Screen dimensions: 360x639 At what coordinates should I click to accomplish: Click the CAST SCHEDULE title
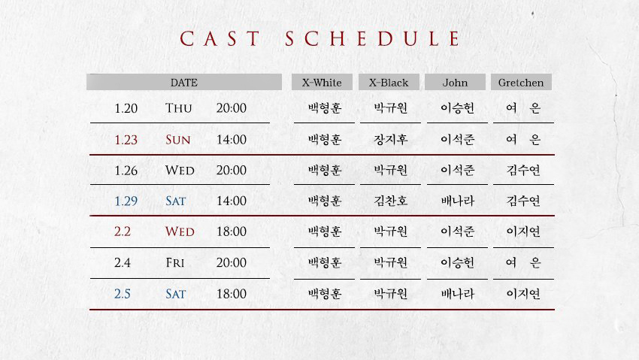(x=320, y=39)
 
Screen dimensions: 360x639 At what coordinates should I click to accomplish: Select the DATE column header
(x=183, y=83)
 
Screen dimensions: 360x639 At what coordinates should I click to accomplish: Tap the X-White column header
(x=322, y=83)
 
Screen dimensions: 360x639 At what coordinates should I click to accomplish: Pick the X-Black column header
(x=389, y=83)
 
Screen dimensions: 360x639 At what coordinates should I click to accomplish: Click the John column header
(x=455, y=83)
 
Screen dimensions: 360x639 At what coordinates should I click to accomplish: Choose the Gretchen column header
(x=521, y=83)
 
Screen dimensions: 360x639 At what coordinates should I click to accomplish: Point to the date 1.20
(x=126, y=108)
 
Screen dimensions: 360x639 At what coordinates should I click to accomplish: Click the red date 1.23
(x=126, y=140)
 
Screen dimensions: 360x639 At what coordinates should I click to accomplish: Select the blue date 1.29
(x=126, y=201)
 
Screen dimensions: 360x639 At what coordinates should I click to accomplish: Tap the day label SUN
(x=178, y=140)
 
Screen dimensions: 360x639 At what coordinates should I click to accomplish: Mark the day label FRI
(x=174, y=263)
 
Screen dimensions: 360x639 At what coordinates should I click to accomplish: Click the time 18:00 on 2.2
(x=231, y=231)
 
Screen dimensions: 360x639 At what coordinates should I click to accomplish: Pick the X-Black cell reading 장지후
(x=390, y=140)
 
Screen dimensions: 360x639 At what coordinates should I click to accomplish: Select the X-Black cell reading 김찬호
(x=390, y=201)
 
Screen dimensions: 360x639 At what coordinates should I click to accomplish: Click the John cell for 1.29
(x=457, y=201)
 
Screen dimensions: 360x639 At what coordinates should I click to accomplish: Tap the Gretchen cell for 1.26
(x=523, y=170)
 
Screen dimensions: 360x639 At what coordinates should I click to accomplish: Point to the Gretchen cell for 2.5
(x=523, y=294)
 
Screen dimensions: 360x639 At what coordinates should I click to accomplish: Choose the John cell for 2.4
(x=457, y=263)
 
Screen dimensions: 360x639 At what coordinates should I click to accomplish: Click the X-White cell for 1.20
(x=324, y=108)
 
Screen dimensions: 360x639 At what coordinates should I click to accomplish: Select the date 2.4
(x=123, y=263)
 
